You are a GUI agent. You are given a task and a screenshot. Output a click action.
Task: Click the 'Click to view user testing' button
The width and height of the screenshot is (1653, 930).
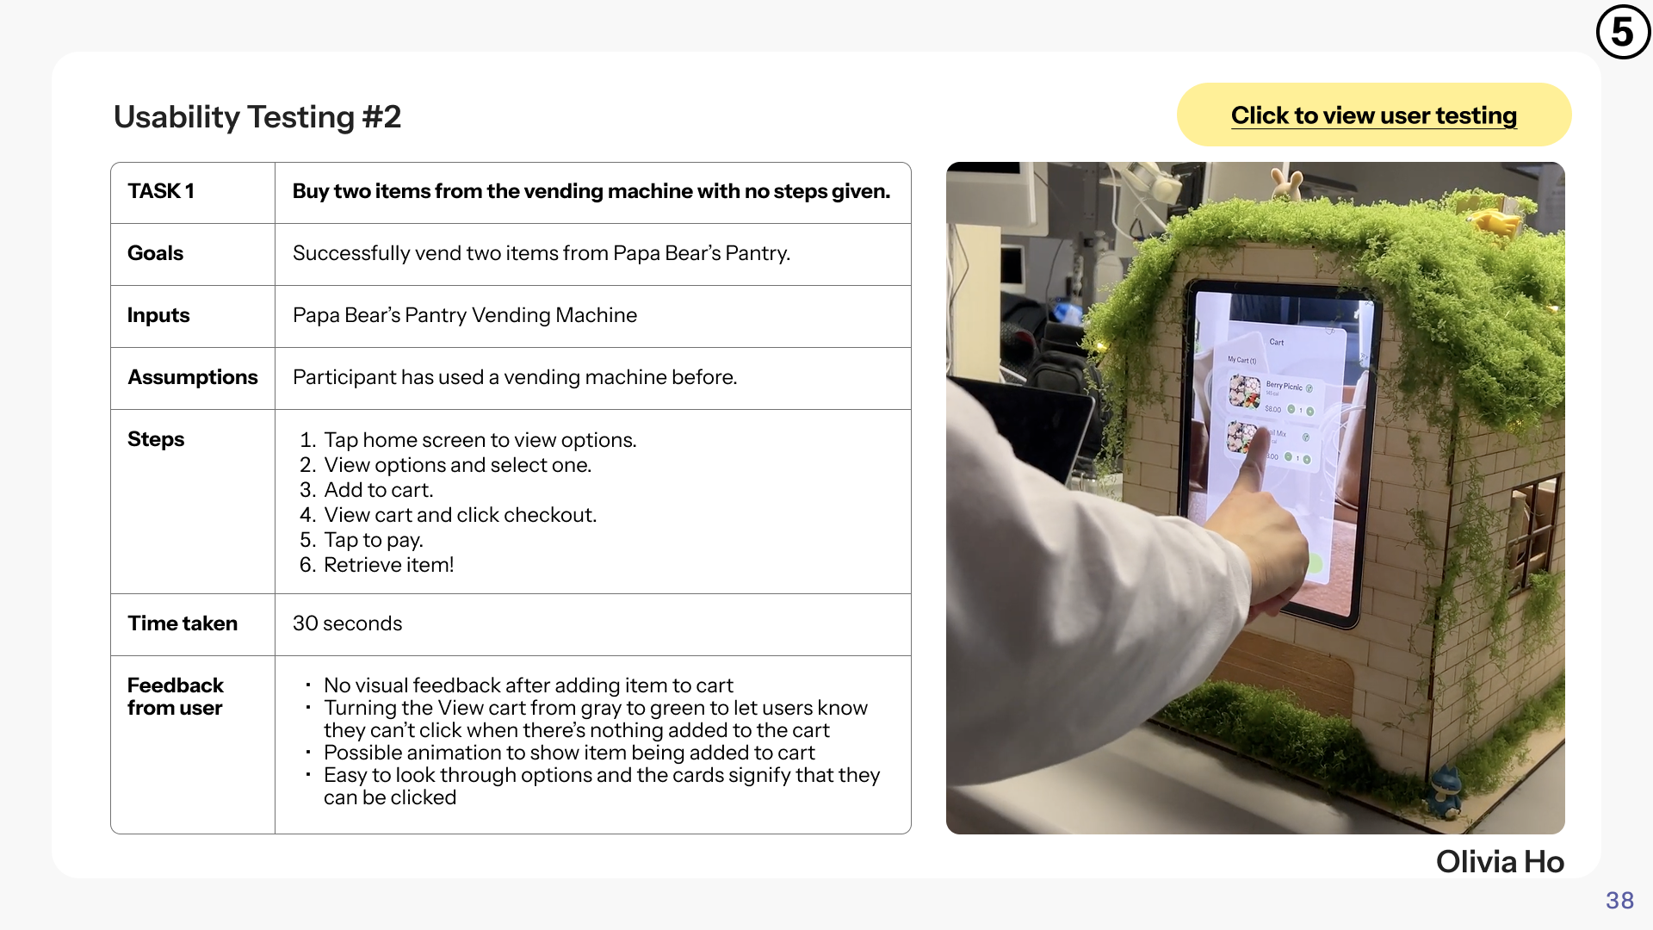pyautogui.click(x=1373, y=115)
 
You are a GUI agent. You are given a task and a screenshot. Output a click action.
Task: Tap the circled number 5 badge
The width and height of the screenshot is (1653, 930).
pyautogui.click(x=1623, y=32)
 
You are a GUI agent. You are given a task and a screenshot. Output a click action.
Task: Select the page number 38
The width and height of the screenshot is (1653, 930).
pyautogui.click(x=1619, y=901)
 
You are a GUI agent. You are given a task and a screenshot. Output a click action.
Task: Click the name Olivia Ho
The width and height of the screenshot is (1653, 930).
pyautogui.click(x=1500, y=862)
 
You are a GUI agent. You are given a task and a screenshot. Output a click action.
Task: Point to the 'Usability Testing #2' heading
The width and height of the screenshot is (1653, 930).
pyautogui.click(x=257, y=117)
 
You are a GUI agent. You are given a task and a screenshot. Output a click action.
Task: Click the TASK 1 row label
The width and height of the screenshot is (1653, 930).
pyautogui.click(x=161, y=191)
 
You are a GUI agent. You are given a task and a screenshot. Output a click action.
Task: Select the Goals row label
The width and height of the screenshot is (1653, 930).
pyautogui.click(x=156, y=253)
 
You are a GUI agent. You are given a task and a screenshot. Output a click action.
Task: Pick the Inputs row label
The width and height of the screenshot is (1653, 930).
pyautogui.click(x=158, y=315)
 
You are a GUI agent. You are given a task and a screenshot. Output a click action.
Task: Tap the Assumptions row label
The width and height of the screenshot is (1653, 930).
pyautogui.click(x=193, y=377)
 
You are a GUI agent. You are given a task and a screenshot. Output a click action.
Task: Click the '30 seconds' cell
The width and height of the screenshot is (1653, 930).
pyautogui.click(x=348, y=623)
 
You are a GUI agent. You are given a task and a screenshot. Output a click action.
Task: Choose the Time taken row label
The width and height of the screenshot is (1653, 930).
pyautogui.click(x=183, y=623)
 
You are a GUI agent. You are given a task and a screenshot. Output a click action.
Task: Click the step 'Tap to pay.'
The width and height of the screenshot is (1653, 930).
pyautogui.click(x=374, y=540)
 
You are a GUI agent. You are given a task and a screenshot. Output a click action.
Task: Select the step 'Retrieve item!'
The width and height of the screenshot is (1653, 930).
pyautogui.click(x=388, y=565)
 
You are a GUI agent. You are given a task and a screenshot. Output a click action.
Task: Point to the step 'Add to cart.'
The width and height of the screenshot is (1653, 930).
pyautogui.click(x=379, y=490)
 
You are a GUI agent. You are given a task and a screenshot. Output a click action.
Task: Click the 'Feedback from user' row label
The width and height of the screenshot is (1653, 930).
pyautogui.click(x=176, y=697)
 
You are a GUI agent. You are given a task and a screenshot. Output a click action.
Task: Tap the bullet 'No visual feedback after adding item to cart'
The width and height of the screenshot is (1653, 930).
pyautogui.click(x=529, y=685)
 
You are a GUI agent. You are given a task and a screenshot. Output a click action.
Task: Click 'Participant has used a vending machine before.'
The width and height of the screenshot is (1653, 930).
pyautogui.click(x=515, y=377)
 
